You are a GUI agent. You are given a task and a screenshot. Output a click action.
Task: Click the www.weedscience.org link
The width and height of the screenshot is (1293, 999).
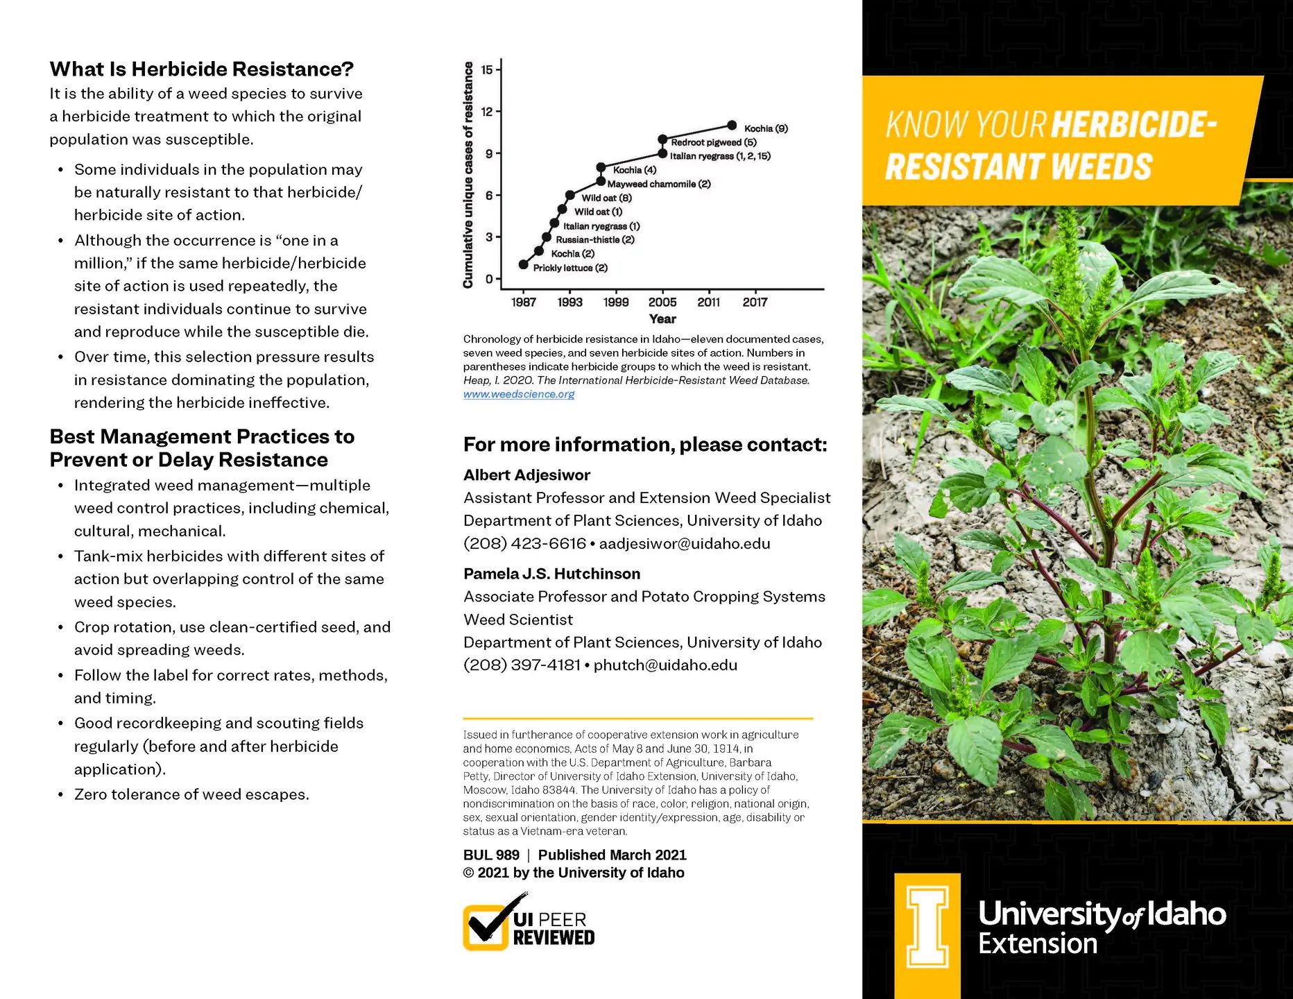click(519, 394)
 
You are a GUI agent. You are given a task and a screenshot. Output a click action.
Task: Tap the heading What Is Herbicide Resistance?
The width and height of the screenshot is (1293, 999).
click(201, 69)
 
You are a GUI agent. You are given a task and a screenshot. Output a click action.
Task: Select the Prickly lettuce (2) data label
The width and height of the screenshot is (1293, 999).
click(570, 268)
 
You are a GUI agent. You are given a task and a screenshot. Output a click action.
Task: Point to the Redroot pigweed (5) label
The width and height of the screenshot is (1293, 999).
click(713, 142)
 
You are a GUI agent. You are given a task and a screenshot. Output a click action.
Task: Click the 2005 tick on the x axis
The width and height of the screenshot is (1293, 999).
click(662, 302)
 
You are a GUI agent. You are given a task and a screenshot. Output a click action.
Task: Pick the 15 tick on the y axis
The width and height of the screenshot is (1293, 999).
click(487, 69)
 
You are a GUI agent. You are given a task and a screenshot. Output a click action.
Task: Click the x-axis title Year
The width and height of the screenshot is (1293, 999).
click(662, 319)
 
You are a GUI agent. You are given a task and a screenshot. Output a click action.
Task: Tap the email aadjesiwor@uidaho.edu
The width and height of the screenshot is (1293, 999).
click(685, 543)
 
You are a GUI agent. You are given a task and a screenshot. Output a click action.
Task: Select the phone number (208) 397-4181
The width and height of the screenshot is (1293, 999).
click(522, 665)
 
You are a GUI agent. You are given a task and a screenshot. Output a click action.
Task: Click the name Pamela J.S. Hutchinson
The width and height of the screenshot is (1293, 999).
click(551, 574)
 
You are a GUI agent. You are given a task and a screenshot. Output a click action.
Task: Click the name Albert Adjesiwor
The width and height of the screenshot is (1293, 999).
click(526, 475)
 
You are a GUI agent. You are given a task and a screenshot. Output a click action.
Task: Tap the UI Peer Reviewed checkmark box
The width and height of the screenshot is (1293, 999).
click(486, 927)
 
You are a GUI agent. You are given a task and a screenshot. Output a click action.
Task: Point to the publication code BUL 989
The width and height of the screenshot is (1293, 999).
click(491, 855)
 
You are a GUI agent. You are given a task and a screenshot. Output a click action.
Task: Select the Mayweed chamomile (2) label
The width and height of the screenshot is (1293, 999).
click(659, 184)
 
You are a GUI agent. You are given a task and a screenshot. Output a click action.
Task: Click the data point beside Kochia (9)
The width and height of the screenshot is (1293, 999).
click(732, 126)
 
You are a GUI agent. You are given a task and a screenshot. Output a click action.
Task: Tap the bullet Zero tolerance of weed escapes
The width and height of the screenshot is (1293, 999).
click(191, 794)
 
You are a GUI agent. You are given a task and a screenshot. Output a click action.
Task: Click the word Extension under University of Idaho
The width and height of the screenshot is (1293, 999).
click(1038, 944)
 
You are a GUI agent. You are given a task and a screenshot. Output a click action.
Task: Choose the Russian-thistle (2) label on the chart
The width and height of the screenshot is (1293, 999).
click(595, 240)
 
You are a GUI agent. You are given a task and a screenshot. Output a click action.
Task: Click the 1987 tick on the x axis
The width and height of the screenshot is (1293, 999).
click(524, 302)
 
